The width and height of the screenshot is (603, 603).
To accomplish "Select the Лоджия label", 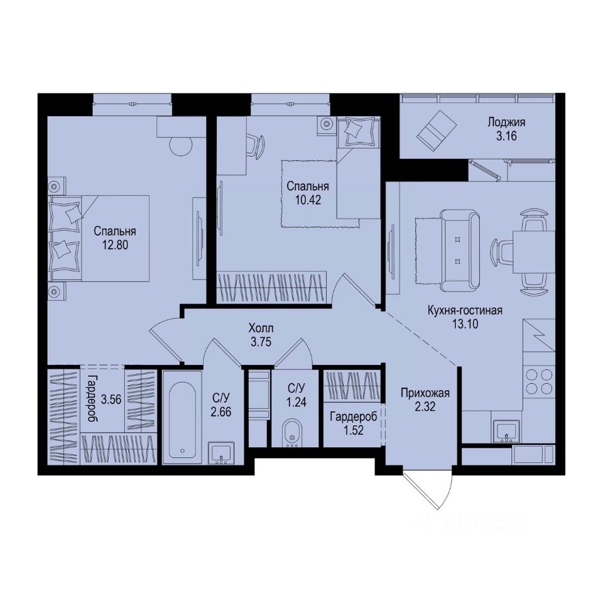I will click(506, 123).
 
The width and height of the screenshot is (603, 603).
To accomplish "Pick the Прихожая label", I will click(426, 394).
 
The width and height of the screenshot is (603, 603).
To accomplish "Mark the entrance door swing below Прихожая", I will click(428, 490).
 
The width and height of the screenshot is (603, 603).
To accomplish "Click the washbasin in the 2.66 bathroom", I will click(221, 452).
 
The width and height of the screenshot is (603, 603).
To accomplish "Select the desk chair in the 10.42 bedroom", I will click(253, 144).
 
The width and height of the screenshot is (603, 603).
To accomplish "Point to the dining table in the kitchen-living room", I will click(533, 251).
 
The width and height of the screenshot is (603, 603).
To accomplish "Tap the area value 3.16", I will click(506, 138).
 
